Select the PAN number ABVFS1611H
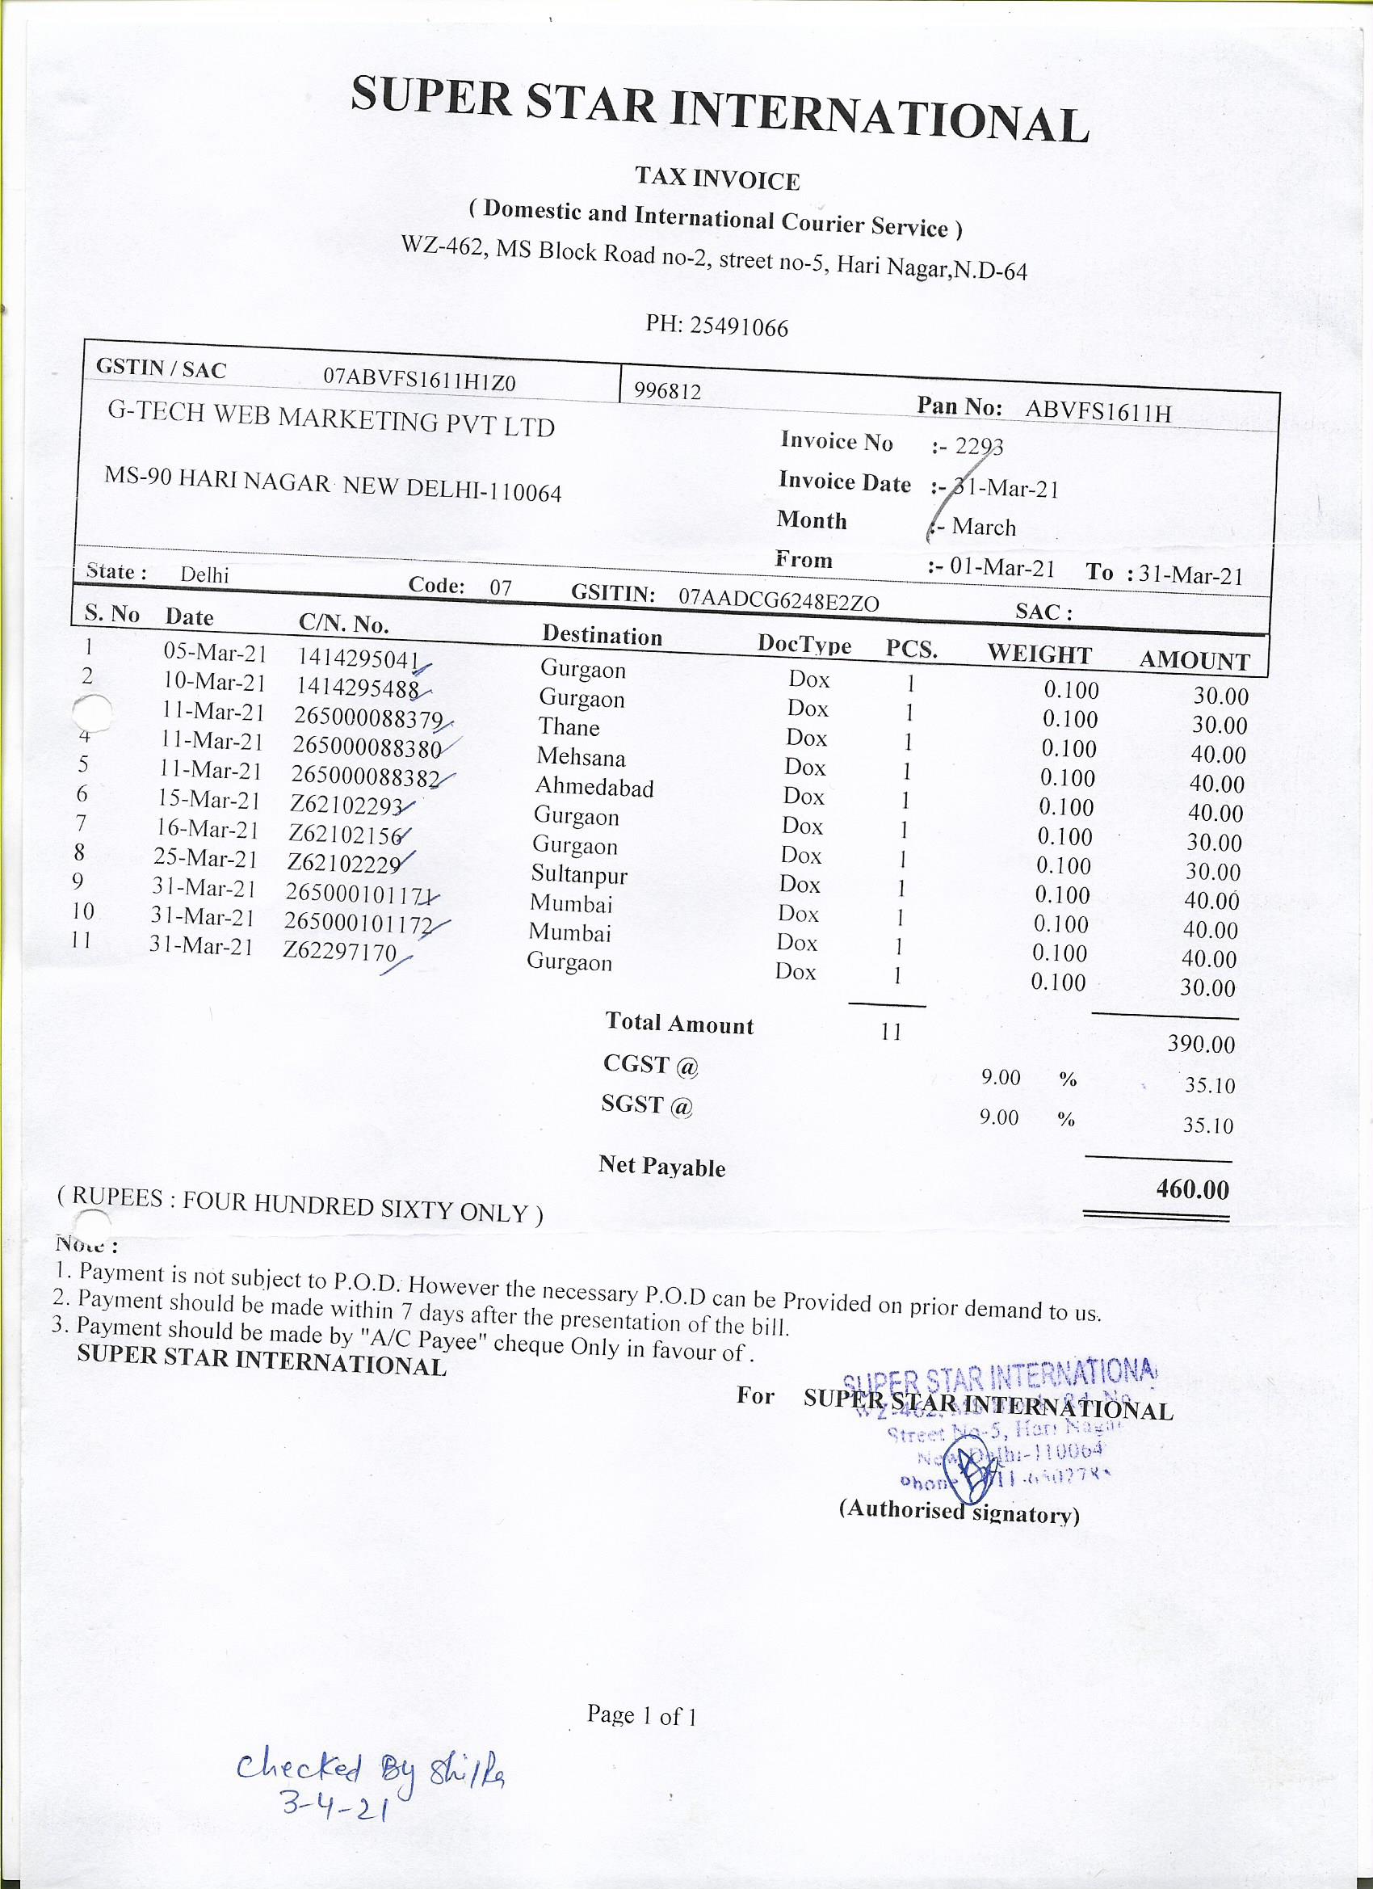tap(1098, 410)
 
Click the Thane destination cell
tap(569, 727)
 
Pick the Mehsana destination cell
tap(581, 757)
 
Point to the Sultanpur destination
tap(578, 874)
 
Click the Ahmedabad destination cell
tap(594, 787)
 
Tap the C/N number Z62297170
tap(339, 951)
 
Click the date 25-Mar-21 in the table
tap(207, 858)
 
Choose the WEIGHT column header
tap(1039, 654)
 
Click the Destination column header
tap(602, 636)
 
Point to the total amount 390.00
tap(1201, 1045)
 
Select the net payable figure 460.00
tap(1192, 1189)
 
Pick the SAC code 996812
tap(667, 392)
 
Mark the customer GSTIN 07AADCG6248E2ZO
tap(779, 600)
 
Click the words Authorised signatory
tap(959, 1511)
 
